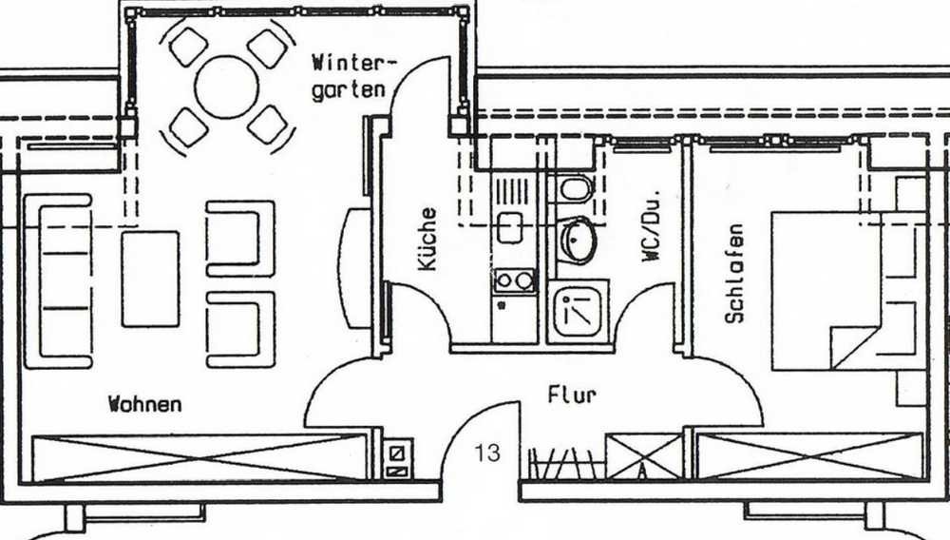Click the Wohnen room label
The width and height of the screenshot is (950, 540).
click(144, 404)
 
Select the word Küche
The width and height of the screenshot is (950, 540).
click(427, 239)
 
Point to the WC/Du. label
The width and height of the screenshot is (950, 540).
click(652, 226)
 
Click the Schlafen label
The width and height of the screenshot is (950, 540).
click(734, 274)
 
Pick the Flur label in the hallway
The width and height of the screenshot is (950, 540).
click(572, 395)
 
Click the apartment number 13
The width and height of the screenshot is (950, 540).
click(487, 453)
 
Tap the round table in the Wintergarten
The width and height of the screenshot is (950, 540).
click(227, 87)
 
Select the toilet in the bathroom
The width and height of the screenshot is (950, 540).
click(575, 188)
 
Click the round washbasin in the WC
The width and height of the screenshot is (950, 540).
click(578, 241)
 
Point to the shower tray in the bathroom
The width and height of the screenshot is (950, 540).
click(579, 312)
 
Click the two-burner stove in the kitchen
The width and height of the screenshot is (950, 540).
click(514, 280)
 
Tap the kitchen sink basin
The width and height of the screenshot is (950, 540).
click(509, 227)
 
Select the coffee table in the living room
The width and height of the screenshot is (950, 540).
click(150, 279)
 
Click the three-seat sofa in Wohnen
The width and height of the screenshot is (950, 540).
click(58, 281)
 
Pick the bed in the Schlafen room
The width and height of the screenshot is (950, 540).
click(848, 290)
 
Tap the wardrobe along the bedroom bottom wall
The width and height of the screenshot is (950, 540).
click(810, 455)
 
